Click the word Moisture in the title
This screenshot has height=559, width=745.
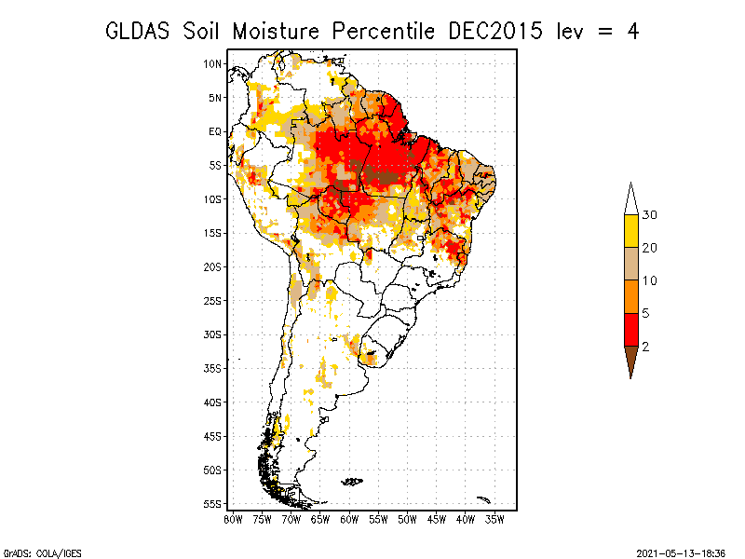(276, 32)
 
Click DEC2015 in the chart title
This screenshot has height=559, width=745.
(495, 32)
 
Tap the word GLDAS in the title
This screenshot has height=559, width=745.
(137, 32)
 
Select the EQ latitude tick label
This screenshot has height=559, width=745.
(215, 131)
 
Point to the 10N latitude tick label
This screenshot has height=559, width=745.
(212, 63)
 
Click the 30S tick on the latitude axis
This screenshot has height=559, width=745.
(212, 334)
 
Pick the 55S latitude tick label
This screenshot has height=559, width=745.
(212, 504)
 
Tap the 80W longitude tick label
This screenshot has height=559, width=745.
(233, 520)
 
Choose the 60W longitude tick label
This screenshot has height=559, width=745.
(349, 520)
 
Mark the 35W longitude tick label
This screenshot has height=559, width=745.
(494, 520)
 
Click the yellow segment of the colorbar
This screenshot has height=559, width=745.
(631, 231)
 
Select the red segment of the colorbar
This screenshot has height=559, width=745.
(631, 330)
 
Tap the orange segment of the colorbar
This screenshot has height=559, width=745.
(631, 296)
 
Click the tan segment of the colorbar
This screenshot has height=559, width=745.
(631, 264)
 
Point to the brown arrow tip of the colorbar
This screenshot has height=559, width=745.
(631, 378)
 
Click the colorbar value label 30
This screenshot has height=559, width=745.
(649, 215)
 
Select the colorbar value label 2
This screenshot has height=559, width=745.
(645, 347)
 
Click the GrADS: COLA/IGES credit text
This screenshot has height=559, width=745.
(43, 553)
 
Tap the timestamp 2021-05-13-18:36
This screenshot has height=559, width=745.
(681, 553)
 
